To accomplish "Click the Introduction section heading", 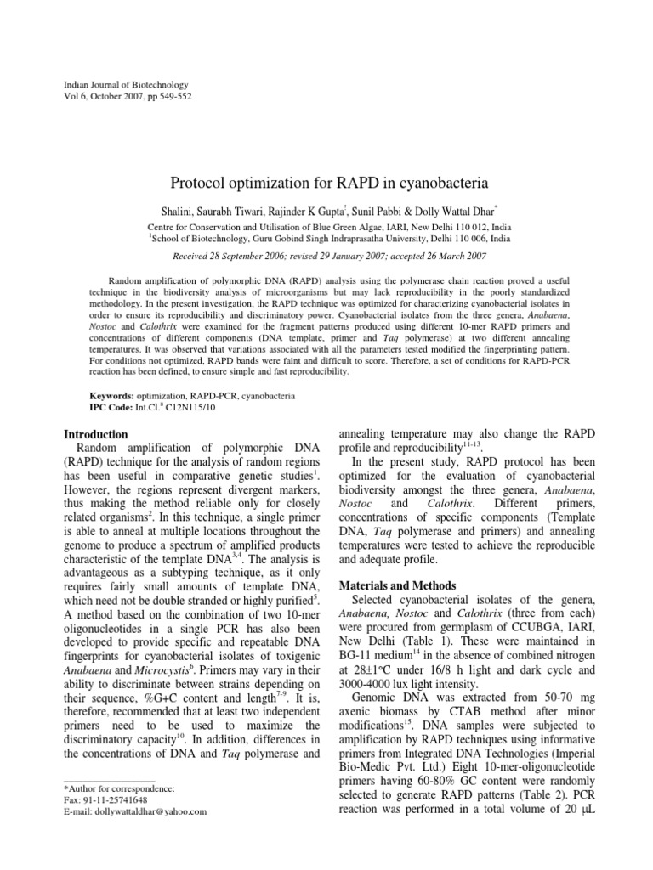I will click(102, 434).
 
